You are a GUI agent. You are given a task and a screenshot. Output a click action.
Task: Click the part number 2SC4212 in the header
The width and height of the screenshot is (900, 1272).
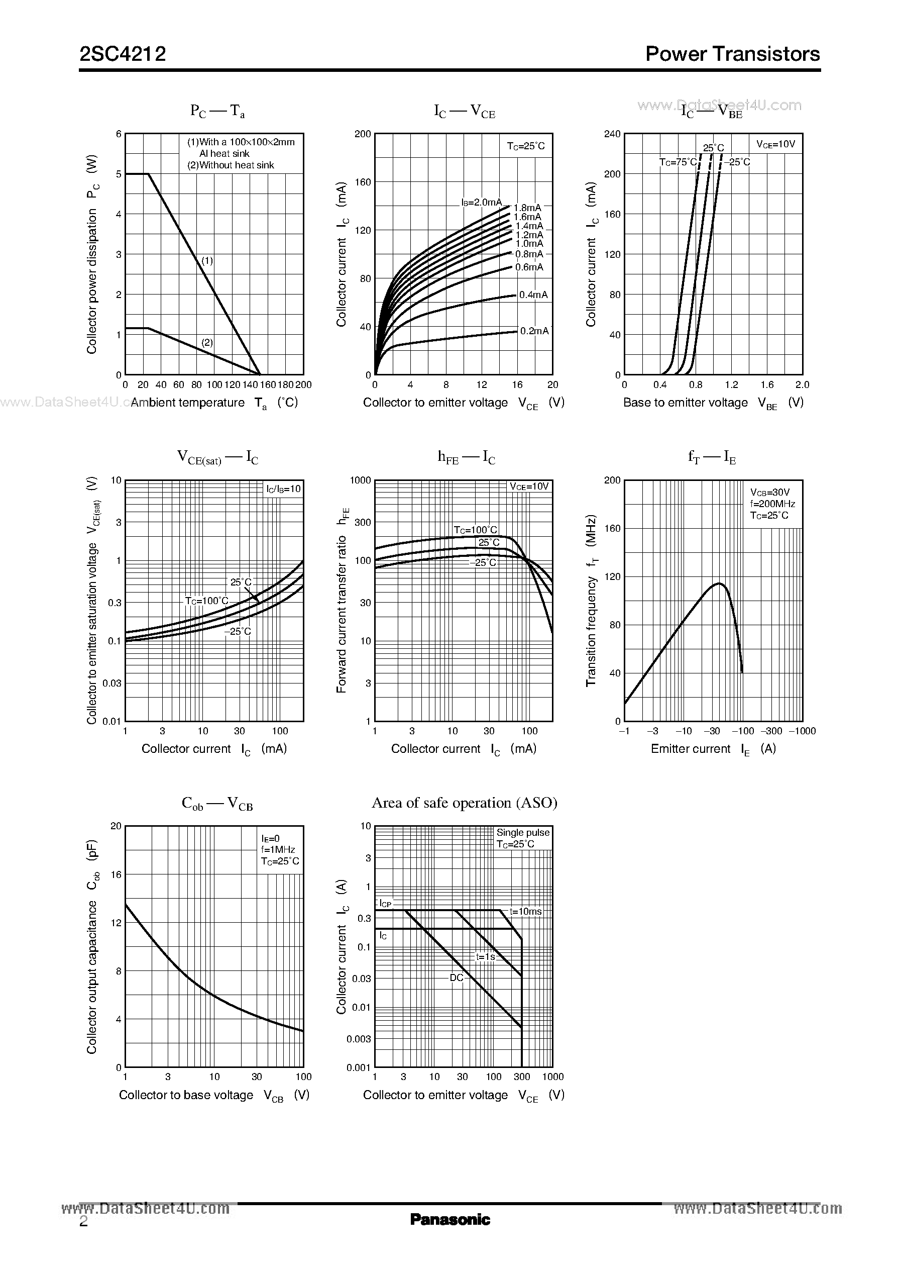[x=123, y=54]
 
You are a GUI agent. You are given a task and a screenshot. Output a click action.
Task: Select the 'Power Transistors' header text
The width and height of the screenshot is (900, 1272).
[x=732, y=54]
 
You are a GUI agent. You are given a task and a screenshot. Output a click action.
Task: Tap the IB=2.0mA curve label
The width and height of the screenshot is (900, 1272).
[x=481, y=203]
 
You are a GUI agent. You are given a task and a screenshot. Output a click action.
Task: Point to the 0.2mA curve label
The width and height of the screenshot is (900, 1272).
[x=534, y=331]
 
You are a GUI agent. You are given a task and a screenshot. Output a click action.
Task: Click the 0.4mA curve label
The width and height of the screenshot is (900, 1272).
[x=533, y=295]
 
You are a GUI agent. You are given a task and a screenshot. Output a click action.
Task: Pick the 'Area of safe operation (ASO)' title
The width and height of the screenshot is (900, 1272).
[x=465, y=803]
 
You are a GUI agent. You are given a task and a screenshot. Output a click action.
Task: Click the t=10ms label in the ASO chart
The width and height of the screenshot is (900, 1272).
[x=525, y=911]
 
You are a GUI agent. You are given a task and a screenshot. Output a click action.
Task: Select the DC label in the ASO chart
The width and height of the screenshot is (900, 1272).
[x=456, y=977]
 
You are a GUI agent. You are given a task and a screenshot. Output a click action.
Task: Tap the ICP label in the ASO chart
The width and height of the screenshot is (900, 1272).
[x=385, y=904]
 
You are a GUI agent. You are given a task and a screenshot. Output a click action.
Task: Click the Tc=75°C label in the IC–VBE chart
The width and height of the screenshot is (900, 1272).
[x=677, y=162]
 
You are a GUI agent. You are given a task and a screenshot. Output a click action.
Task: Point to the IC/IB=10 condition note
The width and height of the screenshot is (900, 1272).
[x=283, y=488]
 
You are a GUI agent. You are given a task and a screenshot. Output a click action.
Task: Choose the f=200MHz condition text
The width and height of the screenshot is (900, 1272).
[x=772, y=504]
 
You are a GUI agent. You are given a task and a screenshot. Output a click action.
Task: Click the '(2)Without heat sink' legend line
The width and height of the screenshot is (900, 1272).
[x=231, y=165]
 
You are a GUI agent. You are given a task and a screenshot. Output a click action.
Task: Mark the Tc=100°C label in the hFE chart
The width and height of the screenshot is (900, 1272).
[x=476, y=530]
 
